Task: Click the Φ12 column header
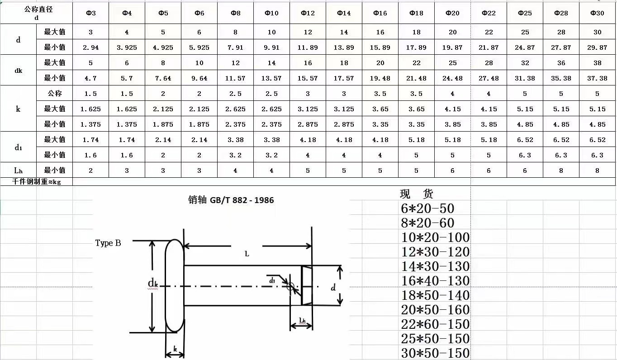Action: (308, 13)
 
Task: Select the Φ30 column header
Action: (597, 13)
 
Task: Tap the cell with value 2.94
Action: (90, 47)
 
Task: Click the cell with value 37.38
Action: (597, 78)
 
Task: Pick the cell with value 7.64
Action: (163, 78)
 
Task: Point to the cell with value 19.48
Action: (380, 78)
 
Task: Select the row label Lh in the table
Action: (18, 171)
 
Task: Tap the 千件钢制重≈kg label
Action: (37, 181)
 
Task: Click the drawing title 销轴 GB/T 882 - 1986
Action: (231, 200)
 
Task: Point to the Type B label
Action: (108, 243)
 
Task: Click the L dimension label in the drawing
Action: (247, 254)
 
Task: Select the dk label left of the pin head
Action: (153, 284)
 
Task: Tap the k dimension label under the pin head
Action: (175, 349)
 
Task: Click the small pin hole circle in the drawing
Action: (290, 286)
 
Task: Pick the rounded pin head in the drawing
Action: (175, 286)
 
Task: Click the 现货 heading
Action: (417, 194)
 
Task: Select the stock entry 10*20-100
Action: (435, 237)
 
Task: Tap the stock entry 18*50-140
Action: (435, 295)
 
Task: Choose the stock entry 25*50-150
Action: (435, 339)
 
